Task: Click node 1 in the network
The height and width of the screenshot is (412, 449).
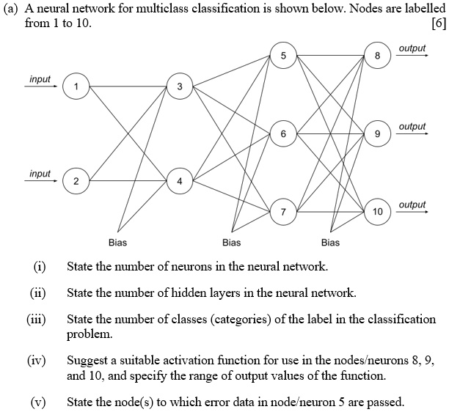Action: tap(76, 86)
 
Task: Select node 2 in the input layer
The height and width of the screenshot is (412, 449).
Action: tap(76, 181)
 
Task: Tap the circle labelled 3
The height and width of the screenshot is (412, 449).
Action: tap(180, 86)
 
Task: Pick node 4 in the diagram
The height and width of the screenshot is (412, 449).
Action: tap(180, 181)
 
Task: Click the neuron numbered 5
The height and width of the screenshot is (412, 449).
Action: tap(283, 55)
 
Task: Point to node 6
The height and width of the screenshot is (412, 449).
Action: tap(283, 133)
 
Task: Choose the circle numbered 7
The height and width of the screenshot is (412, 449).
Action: tap(283, 212)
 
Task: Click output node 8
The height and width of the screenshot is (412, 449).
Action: tap(377, 55)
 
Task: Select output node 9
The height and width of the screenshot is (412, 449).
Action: tap(377, 133)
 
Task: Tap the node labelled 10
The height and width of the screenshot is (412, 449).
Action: tap(377, 212)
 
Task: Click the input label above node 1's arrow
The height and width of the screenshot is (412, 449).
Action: tap(40, 79)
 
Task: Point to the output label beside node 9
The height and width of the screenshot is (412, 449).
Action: tap(412, 126)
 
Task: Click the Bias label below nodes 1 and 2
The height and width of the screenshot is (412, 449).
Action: tap(117, 243)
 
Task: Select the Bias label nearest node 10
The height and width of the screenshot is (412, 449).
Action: tap(330, 243)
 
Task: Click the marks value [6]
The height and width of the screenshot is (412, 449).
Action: tap(439, 23)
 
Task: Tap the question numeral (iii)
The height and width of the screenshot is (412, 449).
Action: tap(37, 320)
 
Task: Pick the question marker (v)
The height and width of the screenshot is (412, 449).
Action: tap(38, 402)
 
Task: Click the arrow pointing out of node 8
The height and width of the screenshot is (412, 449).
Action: tap(412, 55)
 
